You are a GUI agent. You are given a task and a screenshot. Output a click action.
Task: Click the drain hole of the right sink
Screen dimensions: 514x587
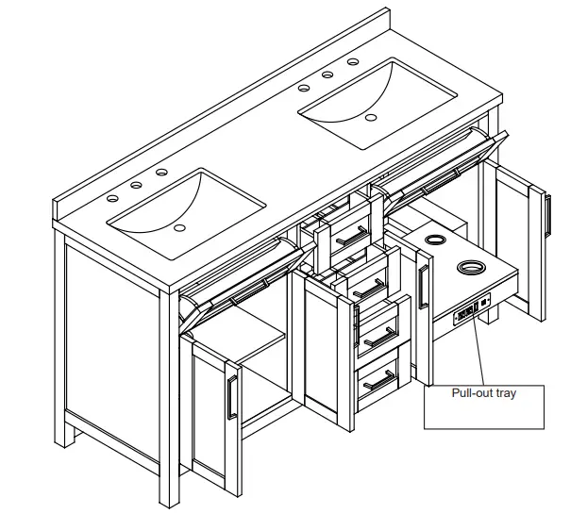[371, 118]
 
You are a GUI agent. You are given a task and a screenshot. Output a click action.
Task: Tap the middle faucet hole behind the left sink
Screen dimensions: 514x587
[137, 186]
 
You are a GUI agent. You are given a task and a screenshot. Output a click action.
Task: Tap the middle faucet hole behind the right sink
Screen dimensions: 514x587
[328, 75]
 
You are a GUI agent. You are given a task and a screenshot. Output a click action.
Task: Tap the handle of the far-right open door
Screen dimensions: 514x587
[546, 215]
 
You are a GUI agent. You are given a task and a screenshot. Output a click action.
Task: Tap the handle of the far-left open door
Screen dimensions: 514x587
[229, 396]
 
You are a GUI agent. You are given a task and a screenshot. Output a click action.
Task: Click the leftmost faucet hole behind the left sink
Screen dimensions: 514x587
[112, 199]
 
